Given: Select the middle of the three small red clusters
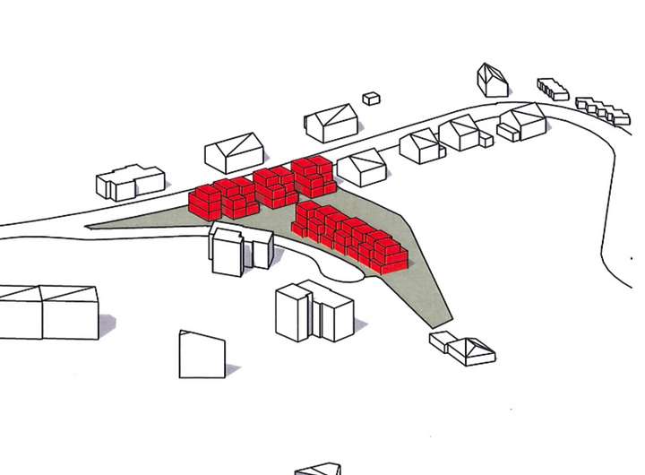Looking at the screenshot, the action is point(275,186).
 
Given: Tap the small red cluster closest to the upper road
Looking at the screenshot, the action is point(313,176).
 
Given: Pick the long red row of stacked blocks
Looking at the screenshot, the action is point(350,236).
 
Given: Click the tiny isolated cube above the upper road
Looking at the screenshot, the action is point(371,99).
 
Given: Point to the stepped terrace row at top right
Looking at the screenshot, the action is point(553,89).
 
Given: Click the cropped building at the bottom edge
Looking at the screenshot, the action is point(318,469).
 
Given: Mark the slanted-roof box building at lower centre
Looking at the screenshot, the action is point(202,355).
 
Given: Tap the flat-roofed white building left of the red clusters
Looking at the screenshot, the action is point(130,182).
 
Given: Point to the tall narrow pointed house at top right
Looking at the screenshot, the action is point(492,80).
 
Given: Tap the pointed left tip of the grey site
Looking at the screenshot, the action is point(90,226).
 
